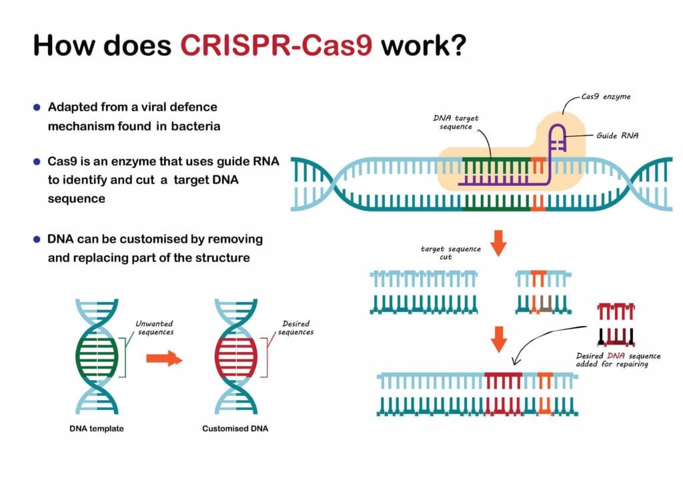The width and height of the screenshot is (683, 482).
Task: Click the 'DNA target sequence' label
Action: click(x=456, y=122)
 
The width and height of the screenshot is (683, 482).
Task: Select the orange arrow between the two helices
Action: click(x=164, y=359)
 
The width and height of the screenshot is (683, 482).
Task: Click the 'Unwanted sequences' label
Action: click(x=155, y=327)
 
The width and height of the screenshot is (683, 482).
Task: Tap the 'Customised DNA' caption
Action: click(x=235, y=429)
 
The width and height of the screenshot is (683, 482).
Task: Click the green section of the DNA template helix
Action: click(x=98, y=353)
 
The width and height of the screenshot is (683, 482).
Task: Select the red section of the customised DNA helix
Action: click(x=235, y=353)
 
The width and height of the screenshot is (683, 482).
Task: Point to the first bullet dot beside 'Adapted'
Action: click(x=37, y=107)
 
